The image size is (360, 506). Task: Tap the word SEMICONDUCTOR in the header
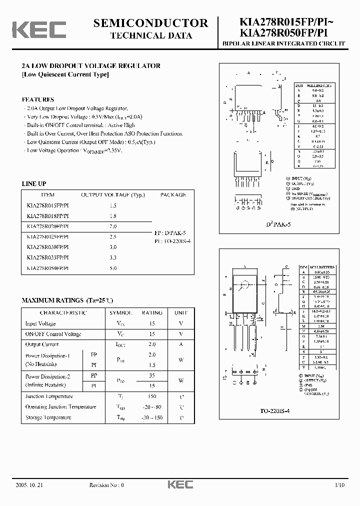150,23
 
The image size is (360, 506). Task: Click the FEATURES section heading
37,99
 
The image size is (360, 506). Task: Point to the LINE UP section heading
34,184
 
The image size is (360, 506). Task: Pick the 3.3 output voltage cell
112,257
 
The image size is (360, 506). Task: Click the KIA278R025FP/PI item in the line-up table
47,236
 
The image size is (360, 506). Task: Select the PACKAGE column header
173,195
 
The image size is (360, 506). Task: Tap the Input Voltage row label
40,324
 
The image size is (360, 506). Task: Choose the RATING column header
152,313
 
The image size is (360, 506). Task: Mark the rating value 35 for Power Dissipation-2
152,375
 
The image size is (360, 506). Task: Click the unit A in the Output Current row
181,344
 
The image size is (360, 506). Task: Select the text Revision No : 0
106,485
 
